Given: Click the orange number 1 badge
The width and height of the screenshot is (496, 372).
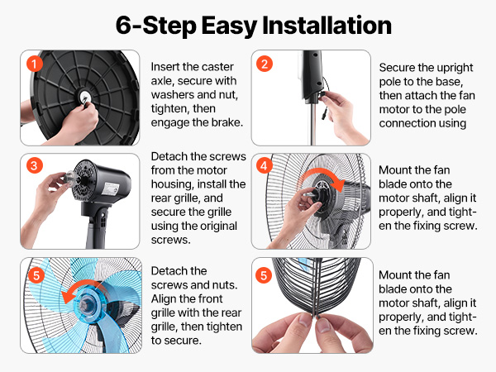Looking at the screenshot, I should [x=33, y=64].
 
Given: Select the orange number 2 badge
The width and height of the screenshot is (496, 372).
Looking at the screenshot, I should [x=265, y=64].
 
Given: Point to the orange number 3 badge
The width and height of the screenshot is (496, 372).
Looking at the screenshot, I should [x=33, y=165].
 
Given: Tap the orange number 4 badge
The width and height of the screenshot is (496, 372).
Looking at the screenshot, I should [x=265, y=165].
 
